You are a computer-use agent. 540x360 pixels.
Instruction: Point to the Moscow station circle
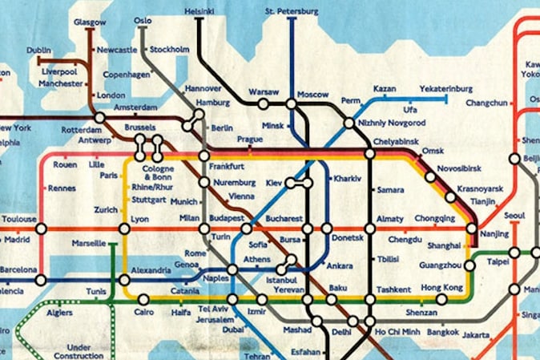290,104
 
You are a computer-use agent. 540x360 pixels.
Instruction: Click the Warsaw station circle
263,103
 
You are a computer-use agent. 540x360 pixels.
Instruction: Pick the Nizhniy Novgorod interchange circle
349,123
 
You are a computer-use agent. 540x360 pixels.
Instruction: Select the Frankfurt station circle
204,156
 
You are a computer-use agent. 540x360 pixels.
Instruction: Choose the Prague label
250,140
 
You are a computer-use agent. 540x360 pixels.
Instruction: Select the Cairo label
146,311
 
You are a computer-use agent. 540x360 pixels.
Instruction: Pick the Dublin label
38,50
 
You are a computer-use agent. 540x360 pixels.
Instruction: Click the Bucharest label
284,218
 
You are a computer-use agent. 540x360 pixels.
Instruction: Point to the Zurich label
106,210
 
